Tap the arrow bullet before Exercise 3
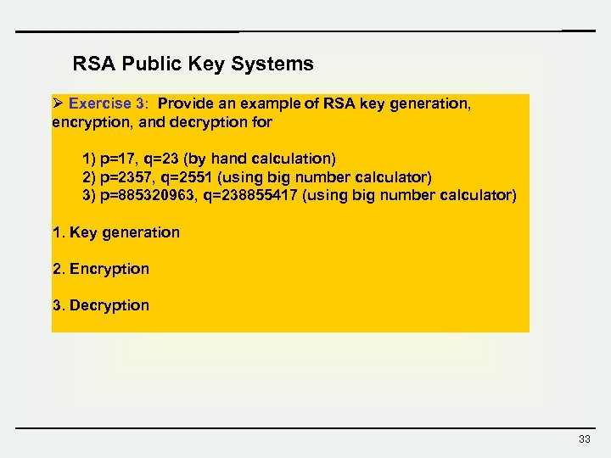(x=58, y=103)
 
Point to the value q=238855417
(x=251, y=195)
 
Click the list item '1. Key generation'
(x=116, y=232)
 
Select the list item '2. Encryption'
(x=101, y=269)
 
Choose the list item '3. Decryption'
(x=101, y=305)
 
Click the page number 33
(x=584, y=438)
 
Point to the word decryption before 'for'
(x=209, y=122)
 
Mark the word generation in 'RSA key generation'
(x=429, y=103)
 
